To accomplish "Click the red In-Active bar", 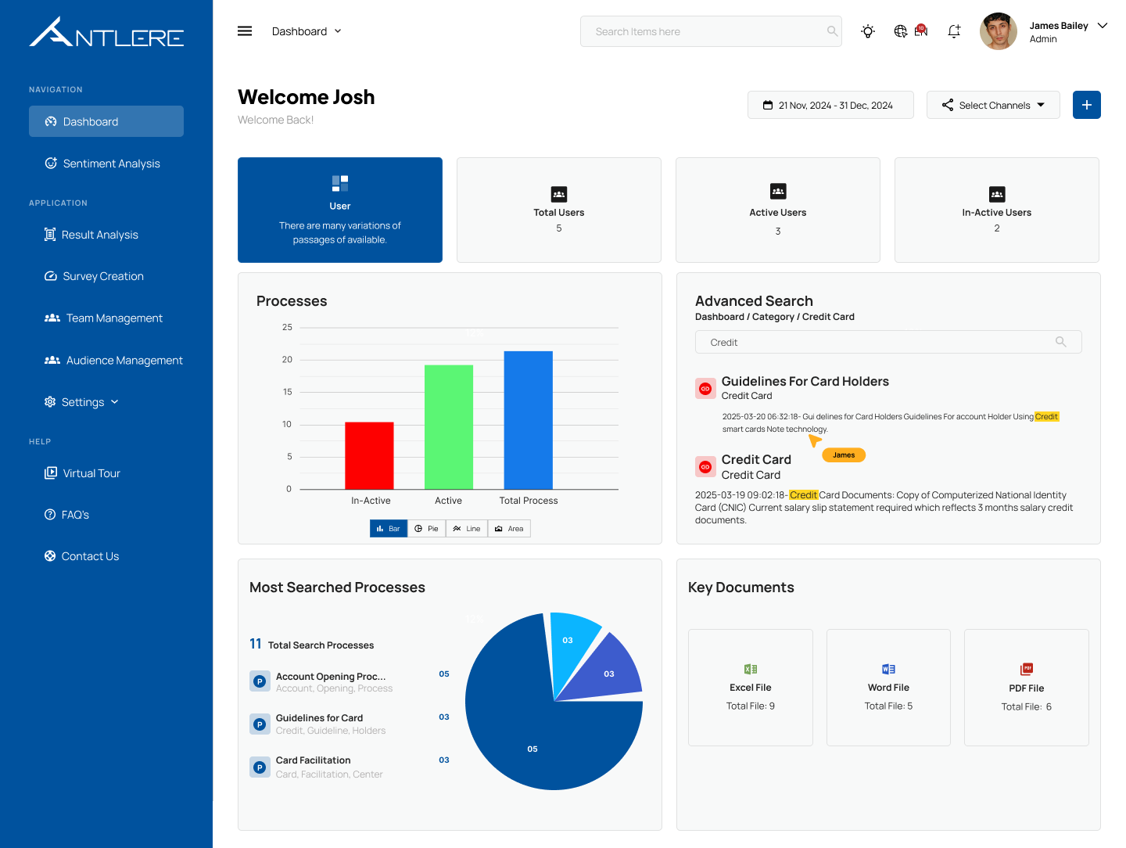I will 369,455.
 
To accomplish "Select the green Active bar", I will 449,426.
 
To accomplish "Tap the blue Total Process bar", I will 528,420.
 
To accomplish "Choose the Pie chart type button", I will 427,529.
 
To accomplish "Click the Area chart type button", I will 509,529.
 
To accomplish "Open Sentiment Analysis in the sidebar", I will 111,163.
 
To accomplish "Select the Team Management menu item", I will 114,318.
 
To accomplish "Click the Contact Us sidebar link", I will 90,556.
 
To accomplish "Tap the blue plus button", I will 1086,105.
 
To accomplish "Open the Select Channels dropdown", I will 993,105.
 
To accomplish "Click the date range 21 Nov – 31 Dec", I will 830,105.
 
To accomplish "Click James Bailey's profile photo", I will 999,31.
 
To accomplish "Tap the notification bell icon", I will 954,31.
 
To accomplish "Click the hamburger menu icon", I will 245,31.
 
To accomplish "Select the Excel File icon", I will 751,669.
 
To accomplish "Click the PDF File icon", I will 1027,669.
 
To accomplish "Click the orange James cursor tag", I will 844,455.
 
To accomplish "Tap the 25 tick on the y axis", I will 287,327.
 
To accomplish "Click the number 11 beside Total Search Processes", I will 256,644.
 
